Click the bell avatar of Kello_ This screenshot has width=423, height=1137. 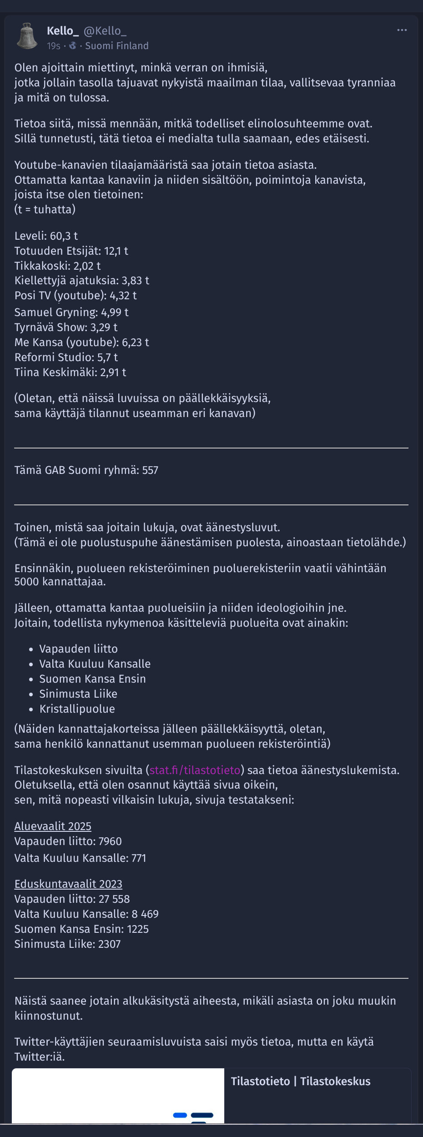pos(27,36)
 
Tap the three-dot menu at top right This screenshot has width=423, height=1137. pos(402,30)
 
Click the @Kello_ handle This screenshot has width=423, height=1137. pos(105,31)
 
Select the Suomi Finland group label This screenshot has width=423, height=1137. pos(117,46)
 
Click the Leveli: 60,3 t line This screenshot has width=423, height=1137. pos(46,236)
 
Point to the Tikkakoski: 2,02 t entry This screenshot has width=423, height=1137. pos(57,266)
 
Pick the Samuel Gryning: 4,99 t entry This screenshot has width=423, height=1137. pos(71,312)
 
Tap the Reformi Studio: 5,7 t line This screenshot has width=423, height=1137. pos(66,357)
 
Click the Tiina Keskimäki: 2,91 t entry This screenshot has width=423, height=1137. pos(70,372)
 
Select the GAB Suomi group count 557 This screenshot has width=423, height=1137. pos(150,470)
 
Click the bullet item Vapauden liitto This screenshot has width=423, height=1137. pos(78,649)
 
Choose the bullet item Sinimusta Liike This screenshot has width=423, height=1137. pos(78,694)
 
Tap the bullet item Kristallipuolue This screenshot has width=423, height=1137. pos(77,709)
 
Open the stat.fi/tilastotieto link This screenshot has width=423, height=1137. pos(195,770)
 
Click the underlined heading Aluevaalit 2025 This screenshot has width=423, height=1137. pos(53,826)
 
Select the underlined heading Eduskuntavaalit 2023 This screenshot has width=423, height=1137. pos(68,884)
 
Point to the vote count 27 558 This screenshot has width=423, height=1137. pos(114,899)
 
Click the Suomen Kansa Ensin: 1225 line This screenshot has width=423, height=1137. pos(81,929)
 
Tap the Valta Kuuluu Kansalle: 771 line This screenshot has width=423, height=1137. pos(80,858)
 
